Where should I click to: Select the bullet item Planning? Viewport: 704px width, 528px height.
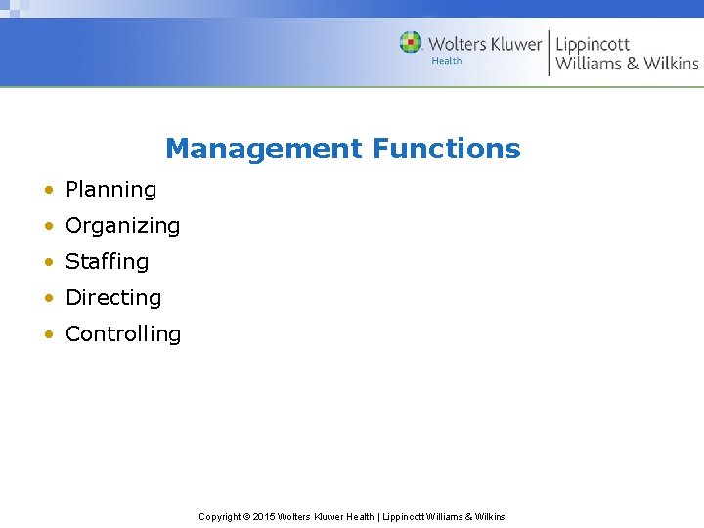point(110,190)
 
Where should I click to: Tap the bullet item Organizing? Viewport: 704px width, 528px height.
point(122,226)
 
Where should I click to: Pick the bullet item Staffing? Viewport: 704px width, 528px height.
point(107,262)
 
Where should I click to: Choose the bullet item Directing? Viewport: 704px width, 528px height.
point(112,298)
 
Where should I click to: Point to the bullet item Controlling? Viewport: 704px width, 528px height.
point(122,334)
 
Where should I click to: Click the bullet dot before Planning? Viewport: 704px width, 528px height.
point(48,191)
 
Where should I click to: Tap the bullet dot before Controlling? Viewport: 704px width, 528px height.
point(48,335)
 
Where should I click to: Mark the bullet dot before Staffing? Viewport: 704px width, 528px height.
point(48,263)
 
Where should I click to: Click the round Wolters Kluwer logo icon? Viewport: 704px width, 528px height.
point(411,43)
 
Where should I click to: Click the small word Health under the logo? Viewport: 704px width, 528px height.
point(447,61)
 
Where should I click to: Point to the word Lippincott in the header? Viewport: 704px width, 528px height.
point(593,45)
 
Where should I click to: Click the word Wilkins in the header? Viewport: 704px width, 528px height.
point(671,64)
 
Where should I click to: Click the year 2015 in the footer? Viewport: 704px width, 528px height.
point(264,517)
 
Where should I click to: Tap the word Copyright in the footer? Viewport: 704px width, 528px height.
point(220,517)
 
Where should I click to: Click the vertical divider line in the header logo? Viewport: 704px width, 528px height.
point(549,53)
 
